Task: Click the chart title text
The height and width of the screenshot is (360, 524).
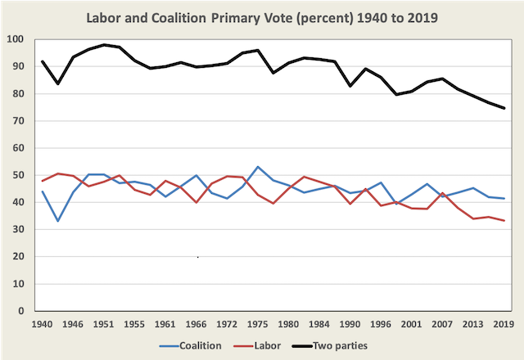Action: pos(261,17)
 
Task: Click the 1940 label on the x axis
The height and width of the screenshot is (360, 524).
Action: pos(43,325)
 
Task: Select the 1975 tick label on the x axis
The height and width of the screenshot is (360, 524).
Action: pos(258,325)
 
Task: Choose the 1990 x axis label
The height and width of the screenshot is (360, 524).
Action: pos(350,325)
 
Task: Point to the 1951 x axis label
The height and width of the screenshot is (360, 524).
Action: pos(104,325)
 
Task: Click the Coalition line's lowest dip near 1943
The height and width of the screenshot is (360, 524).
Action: pos(58,221)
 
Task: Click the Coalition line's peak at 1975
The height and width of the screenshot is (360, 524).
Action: pos(258,167)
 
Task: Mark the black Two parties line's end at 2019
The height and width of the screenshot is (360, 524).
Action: pos(503,108)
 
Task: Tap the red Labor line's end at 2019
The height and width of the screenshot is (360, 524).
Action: pos(503,221)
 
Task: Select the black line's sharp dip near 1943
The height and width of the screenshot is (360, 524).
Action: pos(58,83)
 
